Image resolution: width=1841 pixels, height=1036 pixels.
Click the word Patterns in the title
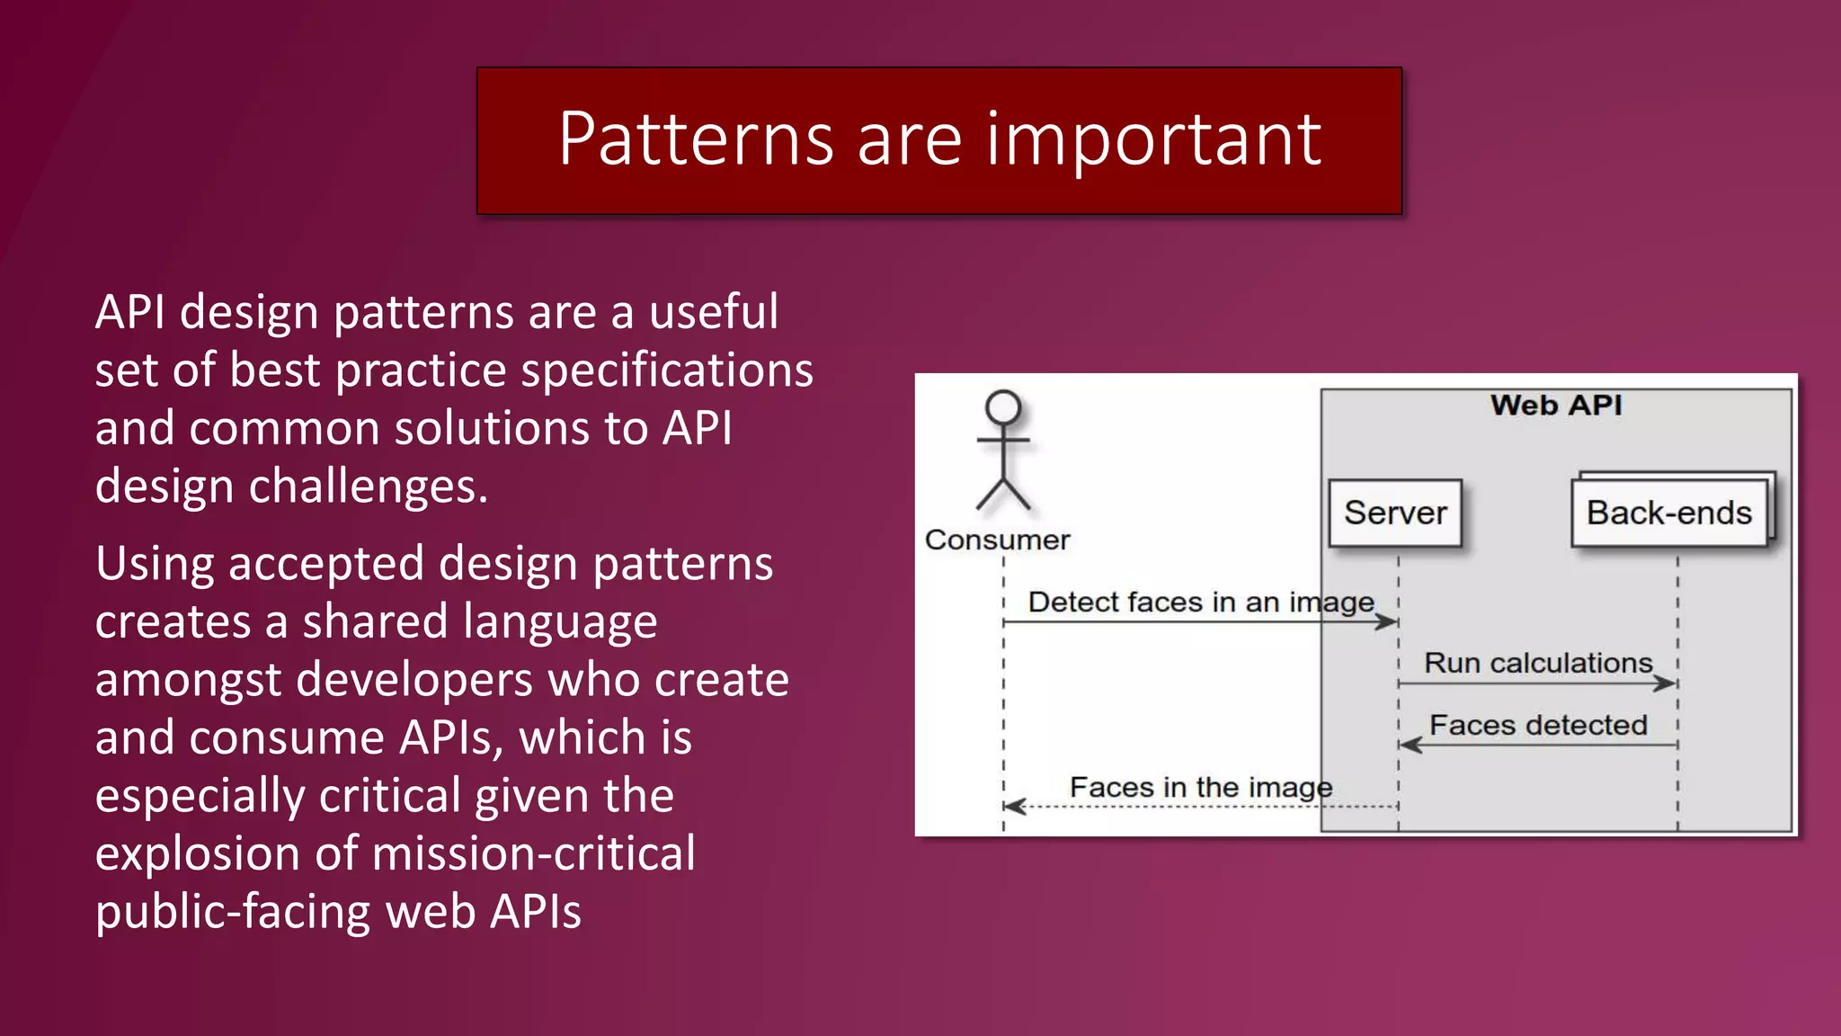[x=696, y=139]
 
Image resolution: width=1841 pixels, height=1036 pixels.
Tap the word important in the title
[x=1154, y=139]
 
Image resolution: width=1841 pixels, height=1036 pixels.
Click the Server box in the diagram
[x=1395, y=513]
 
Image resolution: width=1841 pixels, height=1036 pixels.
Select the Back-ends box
[x=1668, y=513]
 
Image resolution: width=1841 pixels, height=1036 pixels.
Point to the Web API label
[x=1556, y=405]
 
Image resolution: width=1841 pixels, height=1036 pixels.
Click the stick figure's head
[x=1003, y=407]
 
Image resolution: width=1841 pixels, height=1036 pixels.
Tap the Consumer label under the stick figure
[x=997, y=540]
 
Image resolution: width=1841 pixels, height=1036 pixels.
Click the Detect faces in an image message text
[x=1201, y=602]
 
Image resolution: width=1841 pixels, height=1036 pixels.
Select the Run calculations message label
[x=1538, y=663]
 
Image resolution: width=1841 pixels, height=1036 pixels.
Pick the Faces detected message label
[x=1538, y=725]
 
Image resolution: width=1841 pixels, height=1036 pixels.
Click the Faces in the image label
[x=1201, y=787]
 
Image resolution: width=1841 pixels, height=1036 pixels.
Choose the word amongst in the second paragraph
[x=188, y=679]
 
